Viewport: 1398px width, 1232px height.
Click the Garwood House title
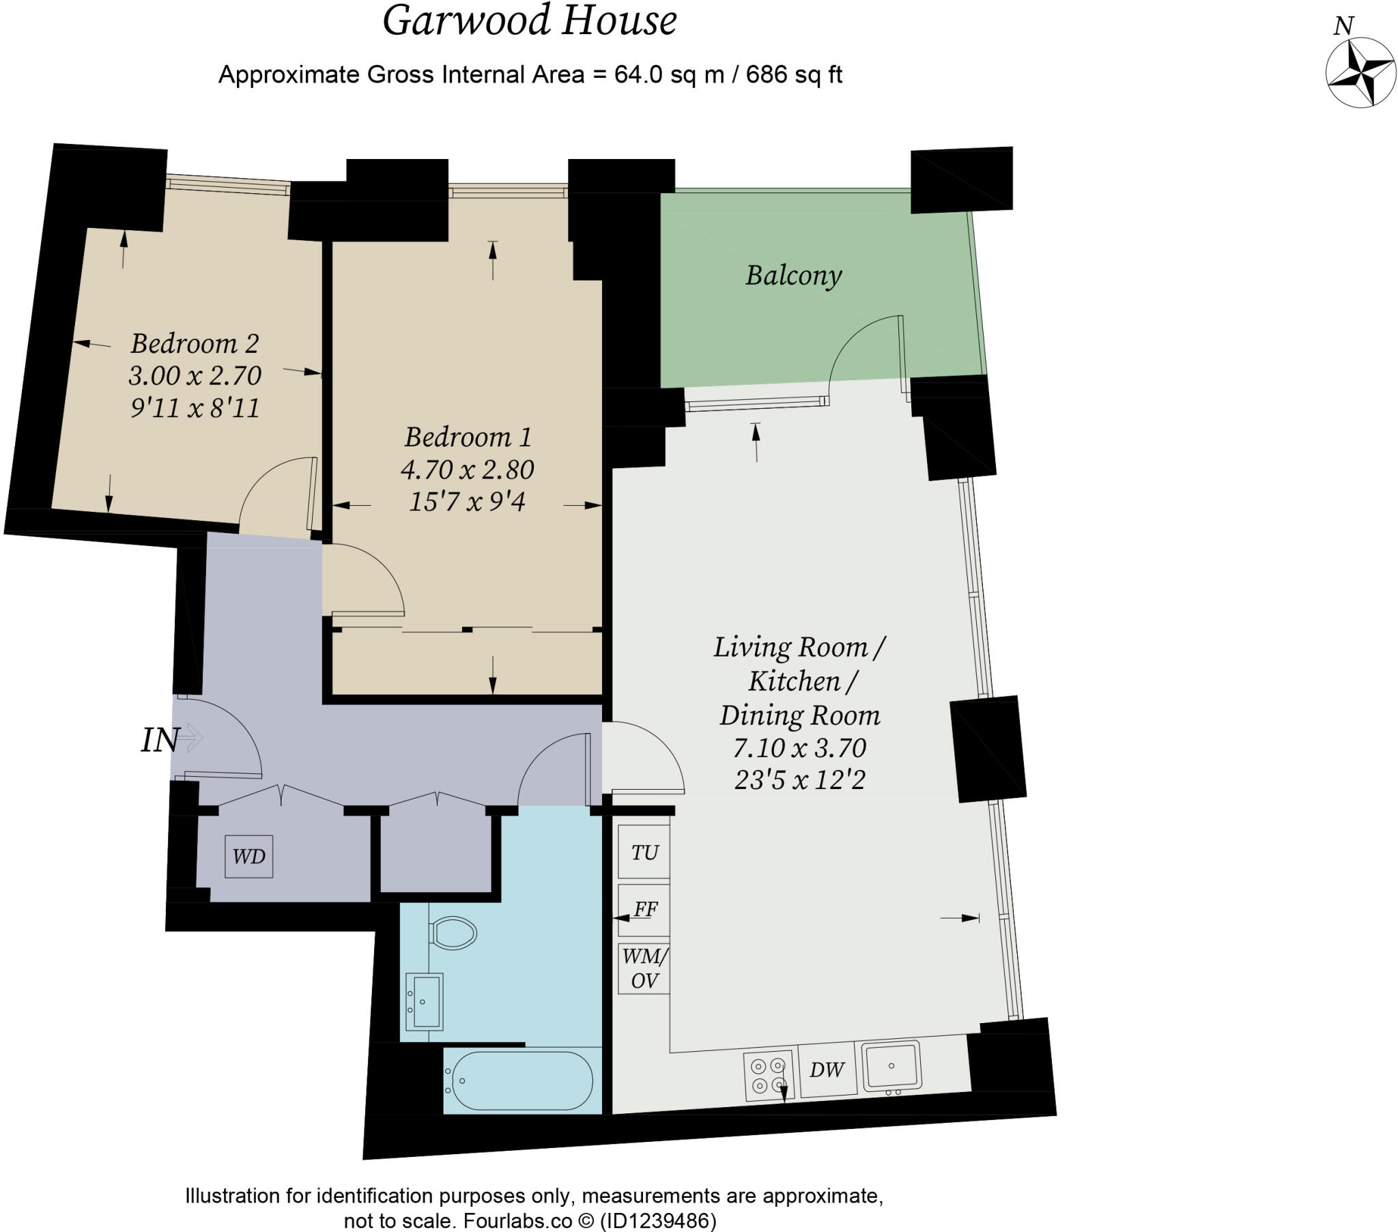pyautogui.click(x=530, y=20)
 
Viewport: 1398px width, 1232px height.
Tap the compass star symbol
pyautogui.click(x=1360, y=72)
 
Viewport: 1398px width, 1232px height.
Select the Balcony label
pyautogui.click(x=793, y=275)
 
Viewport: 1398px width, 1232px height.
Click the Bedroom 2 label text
pyautogui.click(x=195, y=343)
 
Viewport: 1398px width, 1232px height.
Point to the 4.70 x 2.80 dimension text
pyautogui.click(x=467, y=470)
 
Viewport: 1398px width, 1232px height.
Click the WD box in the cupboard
pyautogui.click(x=249, y=857)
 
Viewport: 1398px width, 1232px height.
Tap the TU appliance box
pyautogui.click(x=644, y=853)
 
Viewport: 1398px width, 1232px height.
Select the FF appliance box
pyautogui.click(x=644, y=910)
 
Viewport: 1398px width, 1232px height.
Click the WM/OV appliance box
pyautogui.click(x=644, y=969)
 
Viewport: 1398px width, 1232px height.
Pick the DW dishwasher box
pyautogui.click(x=827, y=1070)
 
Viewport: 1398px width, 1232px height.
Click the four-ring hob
pyautogui.click(x=768, y=1075)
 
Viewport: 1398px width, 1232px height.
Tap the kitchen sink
pyautogui.click(x=891, y=1065)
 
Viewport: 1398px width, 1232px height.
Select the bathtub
pyautogui.click(x=518, y=1081)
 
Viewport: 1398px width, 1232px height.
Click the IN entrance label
pyautogui.click(x=160, y=740)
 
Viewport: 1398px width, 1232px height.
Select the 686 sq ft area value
pyautogui.click(x=793, y=74)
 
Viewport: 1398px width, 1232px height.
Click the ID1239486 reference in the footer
pyautogui.click(x=658, y=1221)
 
